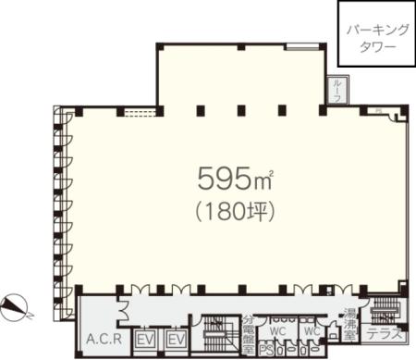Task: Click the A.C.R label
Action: pyautogui.click(x=104, y=339)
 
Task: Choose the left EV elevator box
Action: pyautogui.click(x=143, y=340)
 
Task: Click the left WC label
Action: pyautogui.click(x=276, y=331)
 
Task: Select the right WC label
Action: pyautogui.click(x=312, y=331)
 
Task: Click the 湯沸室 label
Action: pyautogui.click(x=349, y=324)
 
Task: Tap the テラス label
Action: pyautogui.click(x=383, y=334)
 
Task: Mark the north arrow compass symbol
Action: pyautogui.click(x=18, y=303)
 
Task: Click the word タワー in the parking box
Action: pyautogui.click(x=375, y=43)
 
